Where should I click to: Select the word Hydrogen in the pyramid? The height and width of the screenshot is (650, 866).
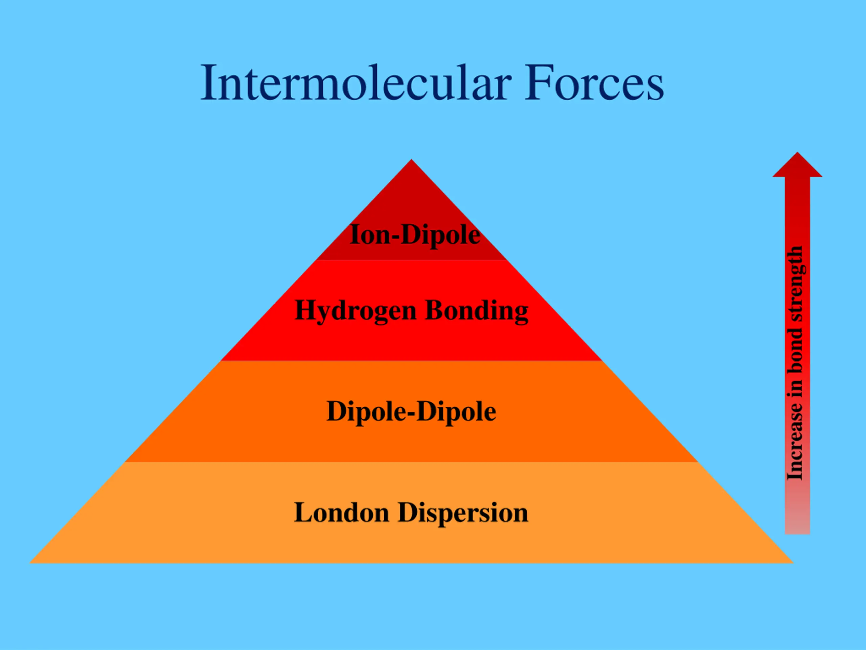point(355,311)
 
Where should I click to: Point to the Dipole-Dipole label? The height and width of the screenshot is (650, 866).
point(411,411)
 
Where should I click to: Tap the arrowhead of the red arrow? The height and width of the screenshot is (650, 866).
point(797,167)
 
